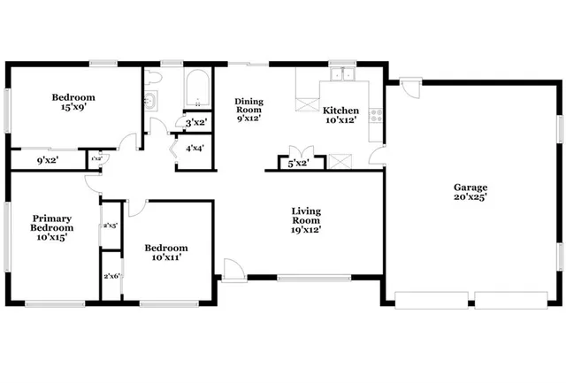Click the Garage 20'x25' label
click(470, 192)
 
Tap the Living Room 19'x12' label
click(306, 220)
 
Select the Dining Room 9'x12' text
click(249, 110)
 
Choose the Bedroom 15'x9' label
click(73, 103)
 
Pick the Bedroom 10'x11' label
click(167, 252)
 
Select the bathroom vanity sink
click(150, 103)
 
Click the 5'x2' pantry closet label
click(297, 163)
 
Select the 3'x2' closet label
click(195, 122)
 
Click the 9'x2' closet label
click(48, 160)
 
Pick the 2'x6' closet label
click(111, 277)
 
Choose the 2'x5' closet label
click(111, 226)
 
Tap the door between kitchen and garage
click(378, 157)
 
